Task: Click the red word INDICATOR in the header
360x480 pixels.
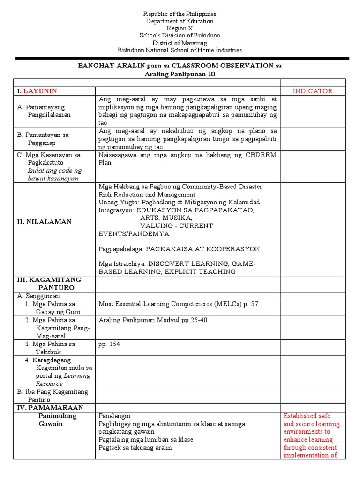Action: pyautogui.click(x=313, y=91)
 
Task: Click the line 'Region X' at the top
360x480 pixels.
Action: pyautogui.click(x=180, y=28)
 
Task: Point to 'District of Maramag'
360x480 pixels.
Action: pyautogui.click(x=180, y=43)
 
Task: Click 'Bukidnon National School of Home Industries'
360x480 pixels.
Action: pyautogui.click(x=180, y=50)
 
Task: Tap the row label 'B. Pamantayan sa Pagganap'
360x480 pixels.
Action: pyautogui.click(x=43, y=139)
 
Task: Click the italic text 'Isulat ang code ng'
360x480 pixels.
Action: pyautogui.click(x=54, y=171)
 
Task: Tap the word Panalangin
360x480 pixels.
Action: pyautogui.click(x=114, y=416)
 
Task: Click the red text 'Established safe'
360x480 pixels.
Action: pyautogui.click(x=307, y=416)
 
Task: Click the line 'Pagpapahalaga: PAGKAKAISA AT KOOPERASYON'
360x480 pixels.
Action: pyautogui.click(x=179, y=248)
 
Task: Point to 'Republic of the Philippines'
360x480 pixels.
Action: pyautogui.click(x=180, y=14)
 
